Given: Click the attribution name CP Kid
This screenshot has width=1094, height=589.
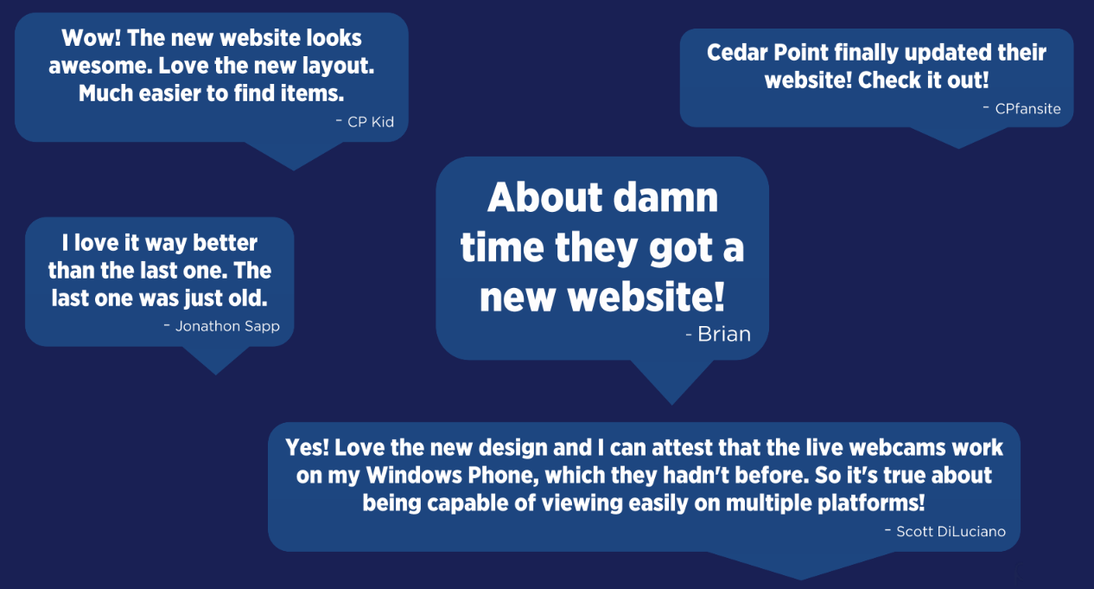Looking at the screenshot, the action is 371,122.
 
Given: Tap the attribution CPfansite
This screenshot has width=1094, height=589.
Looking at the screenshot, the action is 1028,108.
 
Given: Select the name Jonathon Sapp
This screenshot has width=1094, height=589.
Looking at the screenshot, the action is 227,326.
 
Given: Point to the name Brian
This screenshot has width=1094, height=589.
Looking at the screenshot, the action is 724,334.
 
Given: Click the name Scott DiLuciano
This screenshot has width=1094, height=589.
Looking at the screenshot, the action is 951,531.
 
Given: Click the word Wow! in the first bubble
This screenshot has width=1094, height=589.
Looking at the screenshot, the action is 92,38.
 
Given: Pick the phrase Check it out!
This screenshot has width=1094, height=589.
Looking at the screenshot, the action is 923,80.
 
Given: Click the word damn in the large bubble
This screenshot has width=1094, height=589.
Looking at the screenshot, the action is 665,197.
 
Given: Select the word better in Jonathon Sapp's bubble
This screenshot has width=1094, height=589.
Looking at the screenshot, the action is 226,243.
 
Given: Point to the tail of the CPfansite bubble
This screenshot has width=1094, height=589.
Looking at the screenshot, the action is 958,138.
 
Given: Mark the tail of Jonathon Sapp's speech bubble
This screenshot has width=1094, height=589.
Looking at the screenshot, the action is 216,361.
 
